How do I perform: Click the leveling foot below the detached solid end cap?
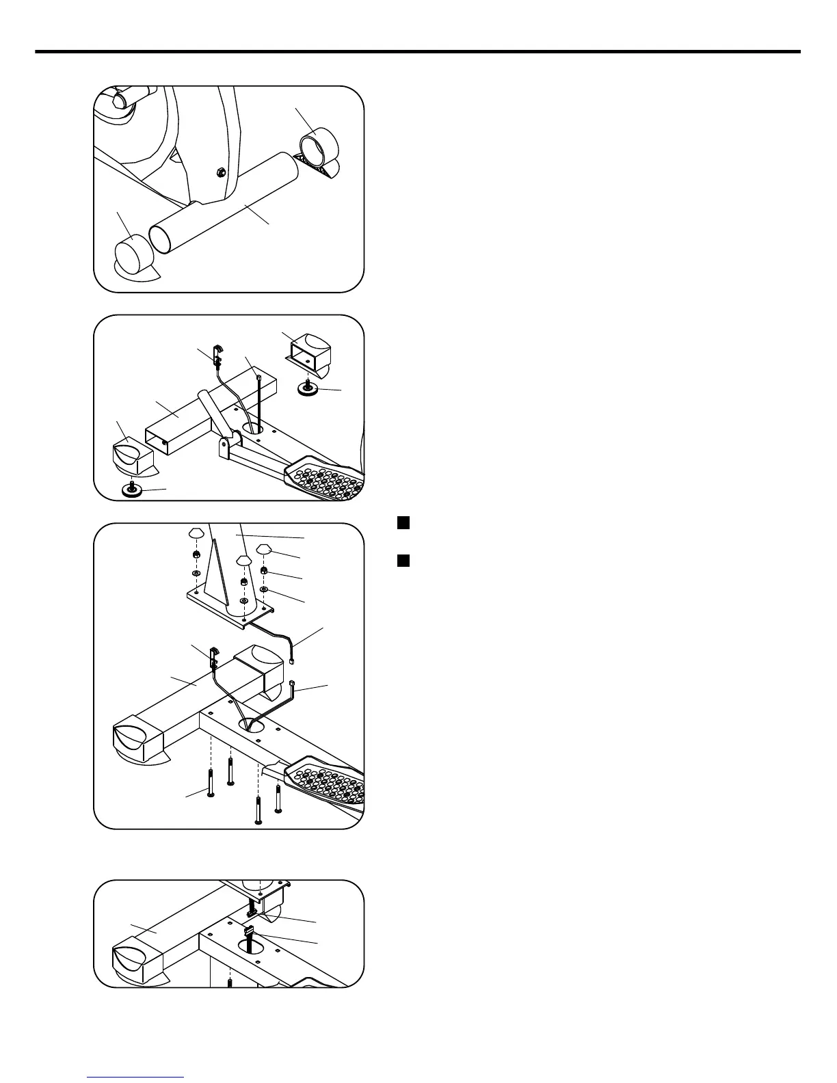click(131, 489)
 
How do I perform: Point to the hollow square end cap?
click(310, 352)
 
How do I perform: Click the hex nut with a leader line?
click(265, 571)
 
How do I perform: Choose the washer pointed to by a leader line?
click(264, 589)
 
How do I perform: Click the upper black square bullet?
click(403, 523)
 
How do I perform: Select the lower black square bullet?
click(403, 561)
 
